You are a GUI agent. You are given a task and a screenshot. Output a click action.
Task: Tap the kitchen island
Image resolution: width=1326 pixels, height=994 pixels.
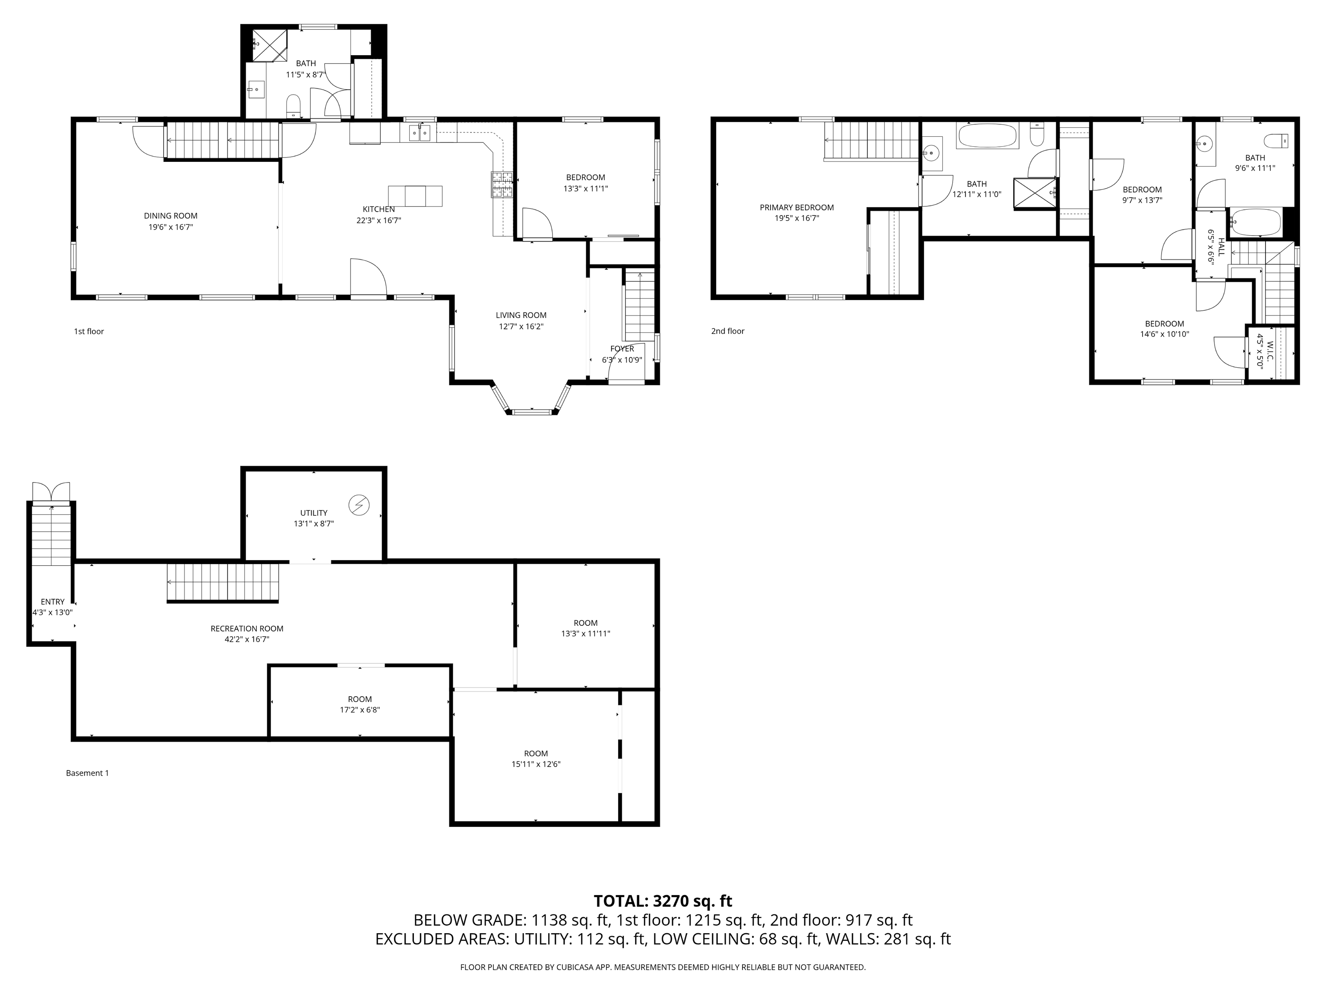tap(415, 196)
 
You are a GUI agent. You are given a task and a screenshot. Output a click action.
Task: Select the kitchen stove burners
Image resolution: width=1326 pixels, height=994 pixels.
tap(502, 185)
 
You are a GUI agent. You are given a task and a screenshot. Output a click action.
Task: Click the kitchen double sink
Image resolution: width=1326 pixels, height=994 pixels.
tap(420, 133)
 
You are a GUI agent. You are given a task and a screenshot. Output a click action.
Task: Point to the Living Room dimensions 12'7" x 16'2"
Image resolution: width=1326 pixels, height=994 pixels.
tap(521, 327)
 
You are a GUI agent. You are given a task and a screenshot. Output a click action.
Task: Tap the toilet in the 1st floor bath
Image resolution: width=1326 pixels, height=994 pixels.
tap(293, 106)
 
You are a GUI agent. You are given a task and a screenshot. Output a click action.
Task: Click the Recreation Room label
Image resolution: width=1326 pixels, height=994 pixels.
tap(246, 628)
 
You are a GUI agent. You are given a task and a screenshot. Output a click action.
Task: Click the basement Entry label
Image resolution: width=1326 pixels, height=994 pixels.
tap(52, 602)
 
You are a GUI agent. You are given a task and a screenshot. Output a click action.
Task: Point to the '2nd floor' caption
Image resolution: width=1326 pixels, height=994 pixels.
tap(727, 331)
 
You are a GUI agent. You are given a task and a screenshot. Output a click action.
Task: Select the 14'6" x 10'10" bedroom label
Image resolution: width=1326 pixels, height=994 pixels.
tap(1164, 324)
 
